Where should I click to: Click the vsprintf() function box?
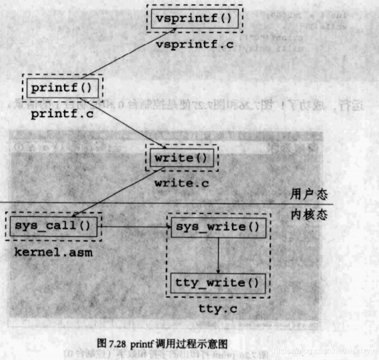[194, 19]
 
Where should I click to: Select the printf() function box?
[62, 88]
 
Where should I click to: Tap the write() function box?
[181, 157]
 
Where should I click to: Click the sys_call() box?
[52, 226]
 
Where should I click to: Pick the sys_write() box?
[218, 227]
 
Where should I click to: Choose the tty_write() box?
[218, 283]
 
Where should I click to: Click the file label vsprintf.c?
[195, 45]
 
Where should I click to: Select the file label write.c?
[180, 183]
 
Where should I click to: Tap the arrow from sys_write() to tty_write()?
[218, 255]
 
